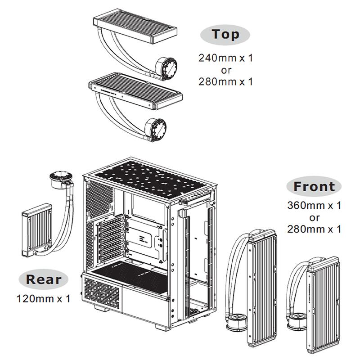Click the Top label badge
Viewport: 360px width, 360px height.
click(225, 34)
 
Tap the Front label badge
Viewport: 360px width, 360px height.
click(314, 186)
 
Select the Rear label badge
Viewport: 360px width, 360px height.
click(43, 279)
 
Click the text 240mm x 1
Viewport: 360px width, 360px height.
click(225, 58)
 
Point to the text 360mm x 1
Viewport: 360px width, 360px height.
click(314, 206)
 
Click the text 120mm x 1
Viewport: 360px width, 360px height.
click(43, 298)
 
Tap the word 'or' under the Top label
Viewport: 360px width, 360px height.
click(226, 70)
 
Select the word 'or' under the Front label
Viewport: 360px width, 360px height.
click(314, 217)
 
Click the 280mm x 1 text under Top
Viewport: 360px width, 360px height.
click(225, 81)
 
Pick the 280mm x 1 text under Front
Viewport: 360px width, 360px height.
click(314, 229)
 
